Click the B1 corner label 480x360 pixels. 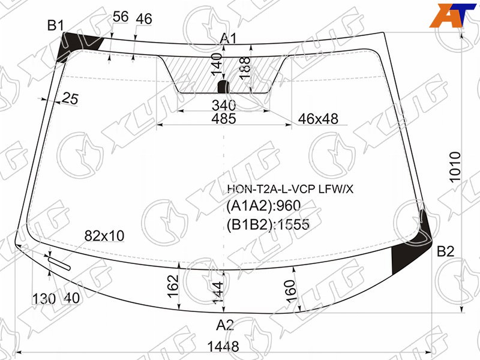point(55,25)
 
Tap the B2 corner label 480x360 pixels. point(445,251)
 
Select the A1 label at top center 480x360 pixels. point(229,39)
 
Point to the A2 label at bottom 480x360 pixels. point(225,325)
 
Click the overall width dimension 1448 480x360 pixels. point(223,347)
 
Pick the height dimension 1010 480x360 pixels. point(455,167)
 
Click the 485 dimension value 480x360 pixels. point(224,118)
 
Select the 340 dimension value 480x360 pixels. point(224,106)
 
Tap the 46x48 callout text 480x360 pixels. point(318,119)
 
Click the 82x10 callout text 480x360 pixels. point(104,236)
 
